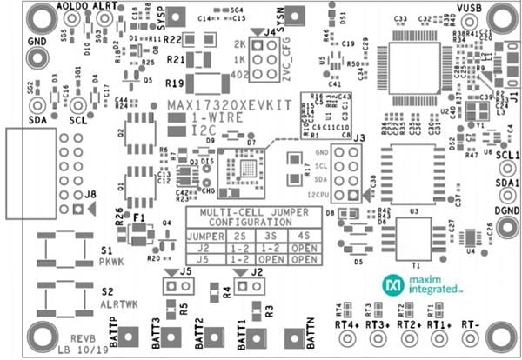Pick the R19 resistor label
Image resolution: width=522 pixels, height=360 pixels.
177,83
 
